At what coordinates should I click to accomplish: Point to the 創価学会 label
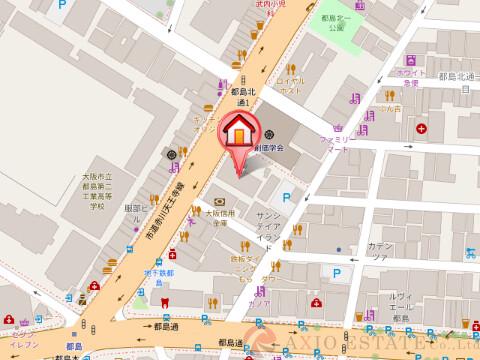[x=268, y=147]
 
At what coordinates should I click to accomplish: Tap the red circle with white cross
[x=424, y=129]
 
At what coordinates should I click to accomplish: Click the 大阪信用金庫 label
[x=218, y=219]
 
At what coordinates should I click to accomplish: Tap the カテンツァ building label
[x=381, y=248]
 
